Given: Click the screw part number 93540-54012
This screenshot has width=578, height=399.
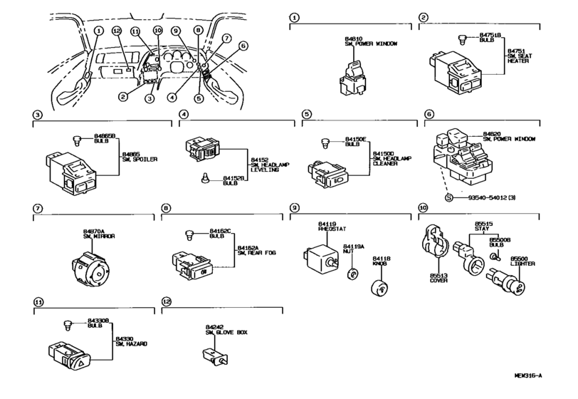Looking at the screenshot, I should pos(482,196).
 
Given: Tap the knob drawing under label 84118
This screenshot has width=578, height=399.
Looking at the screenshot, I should pos(379,287).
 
